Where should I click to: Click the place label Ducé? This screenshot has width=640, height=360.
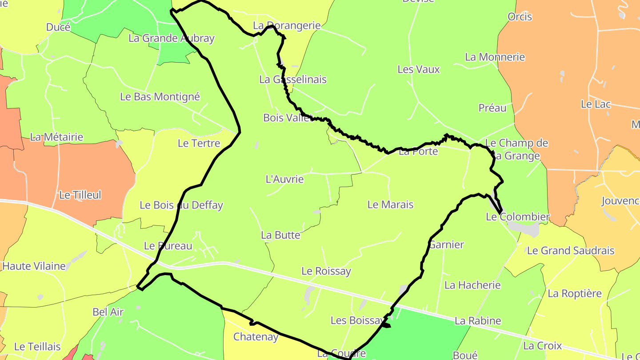point(58,28)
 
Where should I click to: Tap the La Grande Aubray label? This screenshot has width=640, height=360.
point(172,38)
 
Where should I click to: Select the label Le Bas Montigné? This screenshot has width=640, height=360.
point(160,97)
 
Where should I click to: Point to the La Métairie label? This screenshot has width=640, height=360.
point(56,137)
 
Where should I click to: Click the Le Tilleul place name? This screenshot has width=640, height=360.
point(80,195)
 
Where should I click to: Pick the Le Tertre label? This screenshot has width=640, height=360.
point(199,144)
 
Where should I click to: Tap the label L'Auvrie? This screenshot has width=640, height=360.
point(284,180)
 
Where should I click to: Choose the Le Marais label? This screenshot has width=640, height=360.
point(390,205)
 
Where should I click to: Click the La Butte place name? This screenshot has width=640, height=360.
point(280,236)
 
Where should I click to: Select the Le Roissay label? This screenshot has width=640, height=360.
point(326,271)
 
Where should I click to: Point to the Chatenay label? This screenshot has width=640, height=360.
point(256,337)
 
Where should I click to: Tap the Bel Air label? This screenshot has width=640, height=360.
point(108,312)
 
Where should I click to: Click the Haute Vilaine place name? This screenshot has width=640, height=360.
point(34,266)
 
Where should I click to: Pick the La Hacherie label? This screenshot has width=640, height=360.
point(472,285)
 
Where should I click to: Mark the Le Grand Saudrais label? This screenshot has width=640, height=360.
point(570,251)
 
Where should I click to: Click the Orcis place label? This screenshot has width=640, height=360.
point(520,17)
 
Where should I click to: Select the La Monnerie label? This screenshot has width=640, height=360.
point(495,57)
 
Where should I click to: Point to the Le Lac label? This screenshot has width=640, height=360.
point(596,104)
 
